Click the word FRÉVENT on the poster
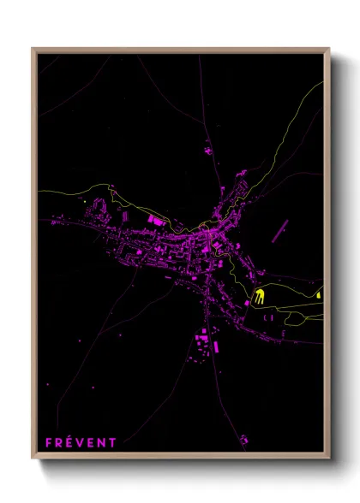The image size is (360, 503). point(81,442)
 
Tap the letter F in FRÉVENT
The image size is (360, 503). point(50,442)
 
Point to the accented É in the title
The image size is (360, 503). point(70,442)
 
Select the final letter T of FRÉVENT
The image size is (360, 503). point(112,442)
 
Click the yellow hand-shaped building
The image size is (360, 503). point(259,298)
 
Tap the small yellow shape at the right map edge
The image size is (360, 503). point(319,295)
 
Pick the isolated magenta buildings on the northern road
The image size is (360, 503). point(208,151)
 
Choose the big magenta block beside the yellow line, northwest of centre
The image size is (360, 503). point(157,221)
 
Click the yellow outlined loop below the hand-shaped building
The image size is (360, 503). point(295,319)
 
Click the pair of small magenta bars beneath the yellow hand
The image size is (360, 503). point(267,317)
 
